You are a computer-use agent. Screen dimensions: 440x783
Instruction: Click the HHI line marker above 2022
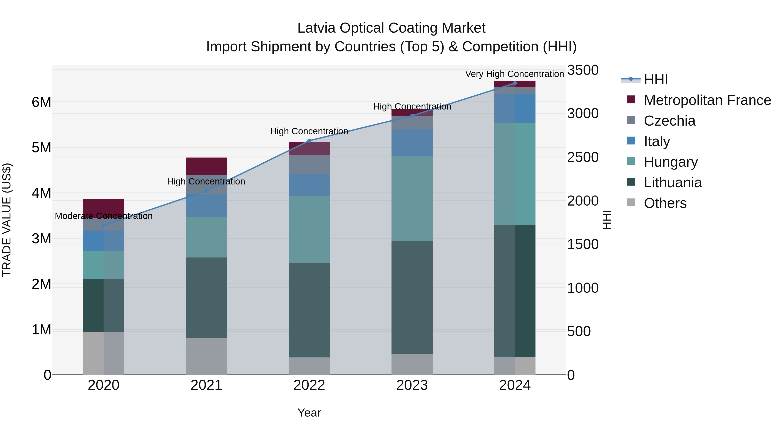(309, 141)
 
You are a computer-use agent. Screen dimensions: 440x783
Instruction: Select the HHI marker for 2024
(515, 83)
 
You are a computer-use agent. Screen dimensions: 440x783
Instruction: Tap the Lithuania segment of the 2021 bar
(206, 298)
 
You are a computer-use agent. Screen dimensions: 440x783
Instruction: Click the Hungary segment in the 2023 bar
(412, 199)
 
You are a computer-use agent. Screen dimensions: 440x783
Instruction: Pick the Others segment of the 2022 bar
(309, 366)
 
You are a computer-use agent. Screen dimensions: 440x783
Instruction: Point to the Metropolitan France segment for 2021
(206, 166)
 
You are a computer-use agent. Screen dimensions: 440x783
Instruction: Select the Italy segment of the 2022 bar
(309, 185)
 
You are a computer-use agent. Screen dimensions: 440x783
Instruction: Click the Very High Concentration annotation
(514, 74)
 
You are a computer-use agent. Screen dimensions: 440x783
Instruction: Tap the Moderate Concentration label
(104, 216)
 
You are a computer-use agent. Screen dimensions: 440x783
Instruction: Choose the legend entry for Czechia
(669, 121)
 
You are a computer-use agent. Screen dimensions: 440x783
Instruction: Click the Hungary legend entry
(671, 162)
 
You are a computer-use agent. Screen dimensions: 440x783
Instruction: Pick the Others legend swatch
(631, 203)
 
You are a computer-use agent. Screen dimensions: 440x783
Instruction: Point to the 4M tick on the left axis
(41, 193)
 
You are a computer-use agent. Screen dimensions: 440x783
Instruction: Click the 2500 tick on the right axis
(582, 157)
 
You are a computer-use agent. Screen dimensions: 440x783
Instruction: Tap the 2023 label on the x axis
(412, 385)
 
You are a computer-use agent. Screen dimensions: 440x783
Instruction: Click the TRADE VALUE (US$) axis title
(7, 220)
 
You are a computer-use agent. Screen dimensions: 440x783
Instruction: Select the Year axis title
(309, 413)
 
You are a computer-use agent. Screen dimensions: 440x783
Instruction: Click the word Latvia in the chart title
(316, 28)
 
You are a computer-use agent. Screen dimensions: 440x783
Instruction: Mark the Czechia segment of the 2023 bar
(412, 123)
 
